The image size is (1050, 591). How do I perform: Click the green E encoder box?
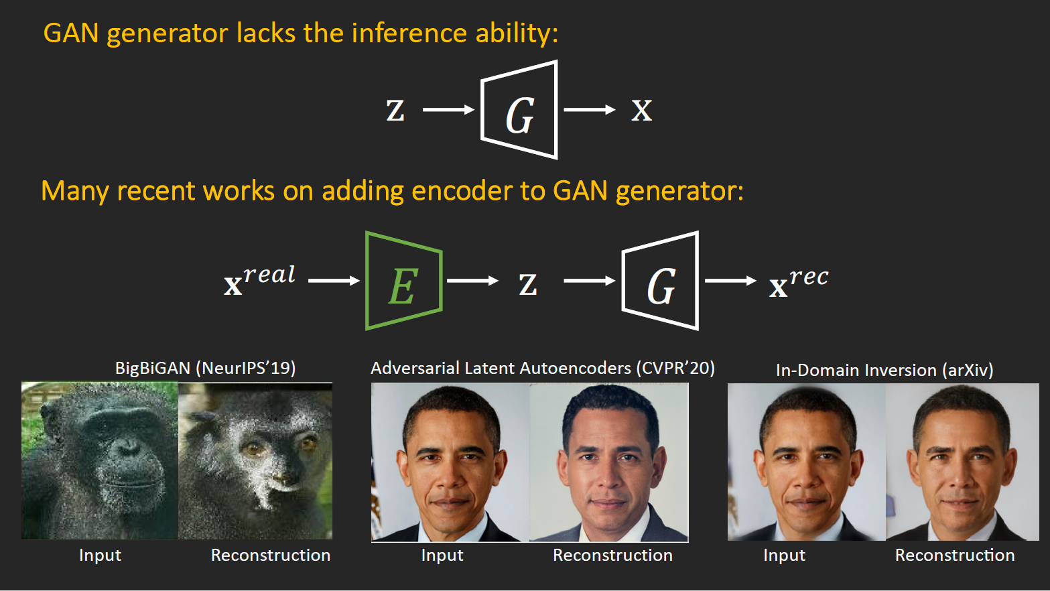(x=403, y=281)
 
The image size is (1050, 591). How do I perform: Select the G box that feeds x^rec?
(x=661, y=281)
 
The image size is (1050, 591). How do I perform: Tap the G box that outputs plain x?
(x=519, y=111)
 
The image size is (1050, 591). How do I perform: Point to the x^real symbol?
(x=259, y=280)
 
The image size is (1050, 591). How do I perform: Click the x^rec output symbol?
(x=799, y=282)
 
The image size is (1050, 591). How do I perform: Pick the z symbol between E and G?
(x=528, y=284)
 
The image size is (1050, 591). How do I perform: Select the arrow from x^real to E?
(x=334, y=281)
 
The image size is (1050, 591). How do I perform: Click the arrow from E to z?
(x=472, y=281)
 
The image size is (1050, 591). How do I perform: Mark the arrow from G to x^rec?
(x=730, y=281)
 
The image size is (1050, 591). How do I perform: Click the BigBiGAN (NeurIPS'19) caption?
(x=205, y=368)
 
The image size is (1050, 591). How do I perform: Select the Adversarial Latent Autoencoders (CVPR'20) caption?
(x=543, y=368)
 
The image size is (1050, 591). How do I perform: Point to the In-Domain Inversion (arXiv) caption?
(x=884, y=370)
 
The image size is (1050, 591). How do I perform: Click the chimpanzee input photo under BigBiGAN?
(x=100, y=460)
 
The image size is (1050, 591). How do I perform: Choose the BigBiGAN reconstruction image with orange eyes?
(x=255, y=460)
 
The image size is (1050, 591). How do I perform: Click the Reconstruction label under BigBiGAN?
(x=271, y=555)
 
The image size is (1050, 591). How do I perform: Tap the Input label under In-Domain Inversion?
(x=784, y=555)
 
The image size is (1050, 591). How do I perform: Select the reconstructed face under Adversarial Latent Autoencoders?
(x=609, y=462)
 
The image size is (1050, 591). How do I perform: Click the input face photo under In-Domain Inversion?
(x=807, y=462)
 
